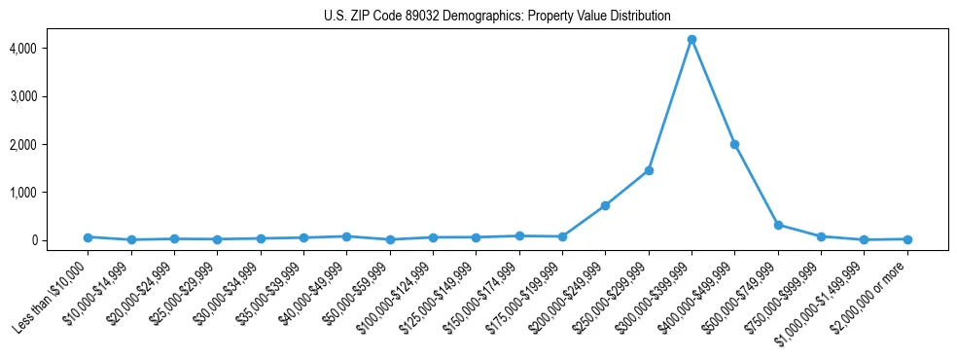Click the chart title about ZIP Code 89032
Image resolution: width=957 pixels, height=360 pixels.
tap(497, 16)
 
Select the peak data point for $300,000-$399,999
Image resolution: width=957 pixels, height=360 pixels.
tap(691, 40)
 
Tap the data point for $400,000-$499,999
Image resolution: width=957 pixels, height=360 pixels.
tap(734, 144)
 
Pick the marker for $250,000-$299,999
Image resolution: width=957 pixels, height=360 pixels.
tap(649, 170)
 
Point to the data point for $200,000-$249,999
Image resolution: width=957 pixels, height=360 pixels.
tap(605, 205)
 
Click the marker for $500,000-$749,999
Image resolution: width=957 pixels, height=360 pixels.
tap(778, 225)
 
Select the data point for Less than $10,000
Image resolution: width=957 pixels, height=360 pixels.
tap(88, 236)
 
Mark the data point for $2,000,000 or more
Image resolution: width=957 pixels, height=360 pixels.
tap(907, 239)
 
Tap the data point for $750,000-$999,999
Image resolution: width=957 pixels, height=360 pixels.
tap(821, 236)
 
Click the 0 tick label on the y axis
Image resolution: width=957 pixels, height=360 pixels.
tap(59, 240)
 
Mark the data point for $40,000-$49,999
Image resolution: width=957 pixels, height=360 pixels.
tap(346, 236)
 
